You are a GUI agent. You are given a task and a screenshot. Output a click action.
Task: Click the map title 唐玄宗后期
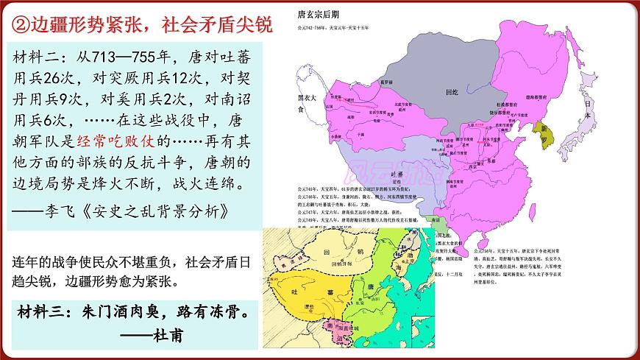tap(316, 14)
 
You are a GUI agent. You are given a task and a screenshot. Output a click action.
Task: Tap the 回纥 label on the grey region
tap(452, 95)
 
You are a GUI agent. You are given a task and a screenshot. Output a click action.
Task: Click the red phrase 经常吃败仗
tap(120, 140)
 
